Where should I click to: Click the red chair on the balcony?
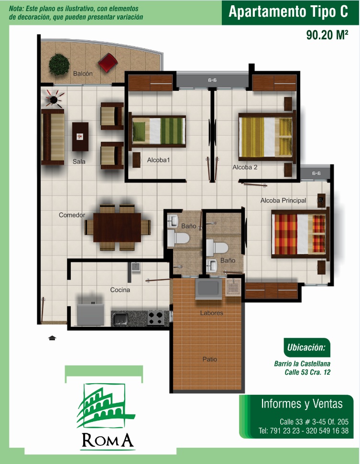tap(108, 63)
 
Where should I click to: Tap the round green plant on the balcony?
tap(59, 64)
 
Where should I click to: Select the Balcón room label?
tap(83, 74)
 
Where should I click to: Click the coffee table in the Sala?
tap(80, 137)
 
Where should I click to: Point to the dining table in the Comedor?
tap(117, 227)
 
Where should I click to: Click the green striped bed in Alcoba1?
tap(157, 131)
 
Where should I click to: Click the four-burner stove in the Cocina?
tap(156, 318)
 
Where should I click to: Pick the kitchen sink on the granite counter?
tap(120, 319)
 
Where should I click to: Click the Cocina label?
tap(120, 290)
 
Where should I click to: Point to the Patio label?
tap(210, 359)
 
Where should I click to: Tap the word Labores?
tap(212, 313)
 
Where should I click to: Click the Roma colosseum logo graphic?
tap(106, 405)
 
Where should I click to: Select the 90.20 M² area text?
tap(327, 35)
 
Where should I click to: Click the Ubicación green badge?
tap(307, 347)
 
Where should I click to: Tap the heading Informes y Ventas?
tap(302, 404)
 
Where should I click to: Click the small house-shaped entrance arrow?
tap(53, 338)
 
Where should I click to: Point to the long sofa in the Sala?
tap(53, 137)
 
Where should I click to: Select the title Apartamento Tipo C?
tap(288, 12)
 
